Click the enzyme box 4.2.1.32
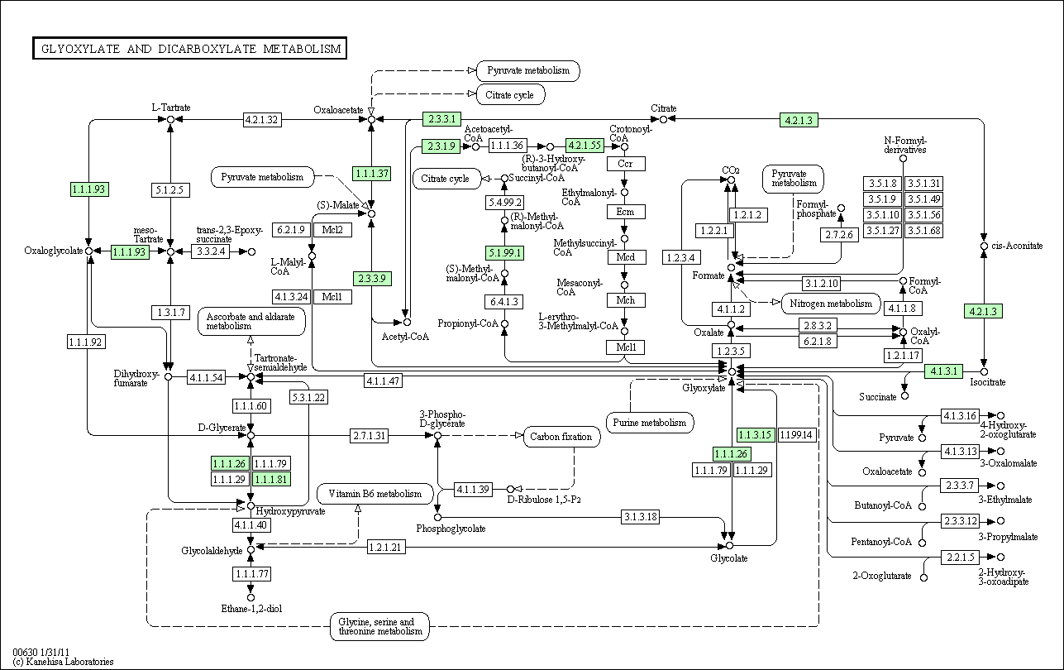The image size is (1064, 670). click(x=262, y=120)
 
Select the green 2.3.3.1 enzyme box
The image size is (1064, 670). click(x=441, y=119)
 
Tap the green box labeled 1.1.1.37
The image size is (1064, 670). click(x=372, y=174)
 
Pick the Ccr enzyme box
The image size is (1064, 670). click(x=626, y=164)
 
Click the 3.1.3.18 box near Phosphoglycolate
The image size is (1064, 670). click(x=640, y=516)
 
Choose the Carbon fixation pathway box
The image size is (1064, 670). click(x=561, y=437)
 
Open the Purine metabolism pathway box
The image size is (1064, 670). click(x=650, y=423)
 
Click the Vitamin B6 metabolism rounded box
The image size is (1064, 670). click(x=375, y=494)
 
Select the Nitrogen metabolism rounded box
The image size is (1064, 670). click(x=831, y=304)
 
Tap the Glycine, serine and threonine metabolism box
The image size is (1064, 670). click(x=380, y=626)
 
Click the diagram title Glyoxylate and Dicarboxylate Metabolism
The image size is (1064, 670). click(x=190, y=49)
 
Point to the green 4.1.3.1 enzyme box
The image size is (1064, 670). click(x=943, y=371)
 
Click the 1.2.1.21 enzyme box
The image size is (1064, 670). click(x=385, y=547)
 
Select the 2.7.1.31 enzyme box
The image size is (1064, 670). click(x=369, y=435)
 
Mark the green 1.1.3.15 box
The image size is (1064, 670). click(x=756, y=435)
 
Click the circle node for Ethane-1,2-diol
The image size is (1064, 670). click(x=250, y=597)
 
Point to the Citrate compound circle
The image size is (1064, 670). click(x=664, y=119)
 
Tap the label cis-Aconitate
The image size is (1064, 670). click(x=1017, y=246)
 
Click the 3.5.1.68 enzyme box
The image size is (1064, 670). click(x=924, y=231)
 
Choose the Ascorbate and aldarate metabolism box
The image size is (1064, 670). click(x=251, y=321)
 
